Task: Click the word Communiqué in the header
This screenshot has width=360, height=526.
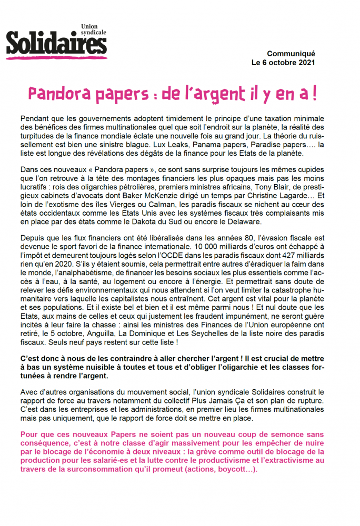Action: click(291, 54)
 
